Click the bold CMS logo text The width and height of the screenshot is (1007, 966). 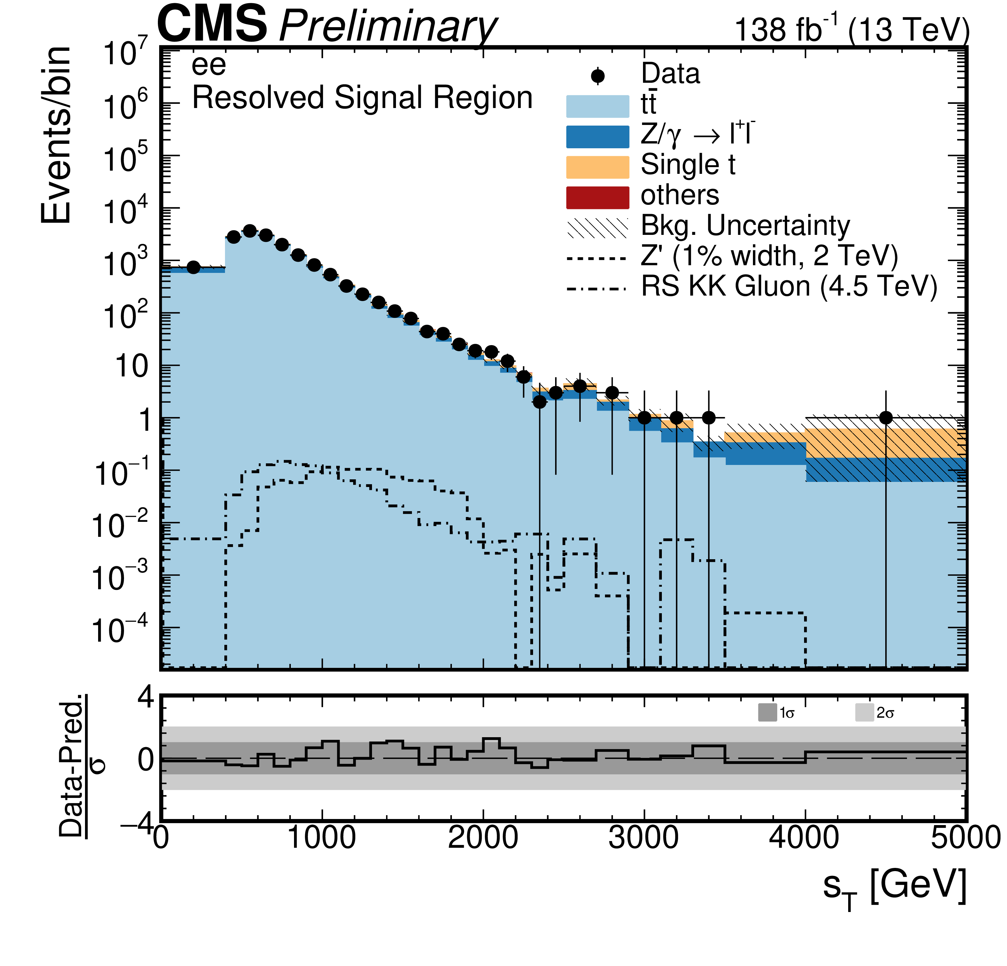[x=212, y=24]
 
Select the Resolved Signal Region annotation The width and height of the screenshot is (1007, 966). [x=362, y=98]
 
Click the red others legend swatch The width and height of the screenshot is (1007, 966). [x=598, y=197]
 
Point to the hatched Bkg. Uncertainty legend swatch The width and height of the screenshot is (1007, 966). [x=598, y=228]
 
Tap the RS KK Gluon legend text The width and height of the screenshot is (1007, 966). [x=789, y=286]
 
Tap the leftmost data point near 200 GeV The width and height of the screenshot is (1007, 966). [x=193, y=267]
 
